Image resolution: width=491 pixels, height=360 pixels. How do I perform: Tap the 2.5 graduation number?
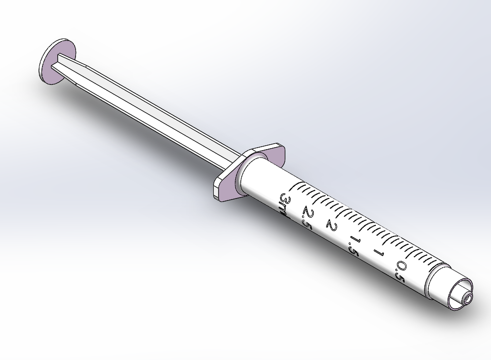tap(307, 217)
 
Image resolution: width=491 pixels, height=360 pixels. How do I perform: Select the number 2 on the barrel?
tap(331, 227)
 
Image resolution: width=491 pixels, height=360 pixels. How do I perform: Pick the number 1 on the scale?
tap(379, 253)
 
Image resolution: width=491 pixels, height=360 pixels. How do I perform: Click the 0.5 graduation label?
tap(400, 272)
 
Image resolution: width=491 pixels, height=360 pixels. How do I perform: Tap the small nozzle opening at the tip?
tap(467, 298)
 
